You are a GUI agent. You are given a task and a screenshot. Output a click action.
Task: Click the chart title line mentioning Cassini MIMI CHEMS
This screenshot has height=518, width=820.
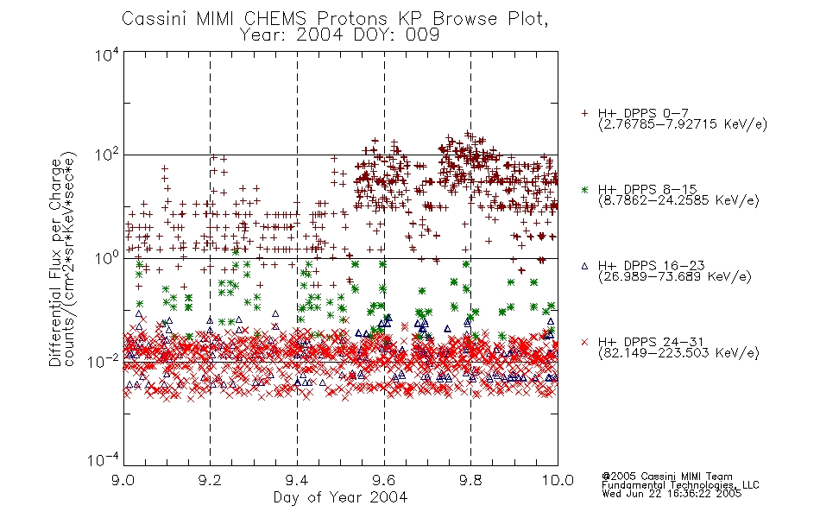[x=335, y=18]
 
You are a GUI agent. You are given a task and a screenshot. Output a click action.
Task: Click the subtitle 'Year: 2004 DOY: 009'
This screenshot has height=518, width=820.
[x=339, y=35]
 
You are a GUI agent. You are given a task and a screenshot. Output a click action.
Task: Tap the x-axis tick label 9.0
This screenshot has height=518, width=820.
[x=123, y=480]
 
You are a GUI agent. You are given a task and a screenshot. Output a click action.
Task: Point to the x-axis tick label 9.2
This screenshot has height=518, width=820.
[x=211, y=480]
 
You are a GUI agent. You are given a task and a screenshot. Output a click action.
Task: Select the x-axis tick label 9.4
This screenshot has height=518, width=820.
[x=297, y=480]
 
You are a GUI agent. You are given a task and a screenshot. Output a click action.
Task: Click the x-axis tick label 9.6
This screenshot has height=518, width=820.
[x=384, y=480]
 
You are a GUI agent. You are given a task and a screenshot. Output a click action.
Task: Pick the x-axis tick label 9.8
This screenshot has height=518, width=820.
[x=470, y=480]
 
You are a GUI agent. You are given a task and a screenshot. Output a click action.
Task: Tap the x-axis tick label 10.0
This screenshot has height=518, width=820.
[x=558, y=480]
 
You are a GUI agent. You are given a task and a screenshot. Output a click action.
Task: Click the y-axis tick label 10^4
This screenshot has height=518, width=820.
[x=107, y=54]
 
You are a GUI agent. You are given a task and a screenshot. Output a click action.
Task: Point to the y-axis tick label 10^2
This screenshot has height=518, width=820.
[x=107, y=155]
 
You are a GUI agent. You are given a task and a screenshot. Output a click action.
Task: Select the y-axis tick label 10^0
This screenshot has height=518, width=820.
[x=107, y=258]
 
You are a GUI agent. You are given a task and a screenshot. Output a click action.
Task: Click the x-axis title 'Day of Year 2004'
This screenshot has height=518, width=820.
[x=340, y=497]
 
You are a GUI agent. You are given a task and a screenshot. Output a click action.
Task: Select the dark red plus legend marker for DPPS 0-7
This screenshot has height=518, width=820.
[x=584, y=113]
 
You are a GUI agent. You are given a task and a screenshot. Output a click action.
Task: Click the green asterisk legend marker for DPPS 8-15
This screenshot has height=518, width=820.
[x=584, y=189]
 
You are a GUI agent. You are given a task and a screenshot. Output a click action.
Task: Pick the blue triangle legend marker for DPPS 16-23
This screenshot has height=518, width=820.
[x=584, y=266]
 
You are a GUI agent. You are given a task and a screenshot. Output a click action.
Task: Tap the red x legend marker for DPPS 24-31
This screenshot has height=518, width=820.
[x=584, y=342]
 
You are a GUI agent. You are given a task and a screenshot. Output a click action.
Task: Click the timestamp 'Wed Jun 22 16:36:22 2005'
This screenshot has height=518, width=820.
[x=672, y=494]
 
